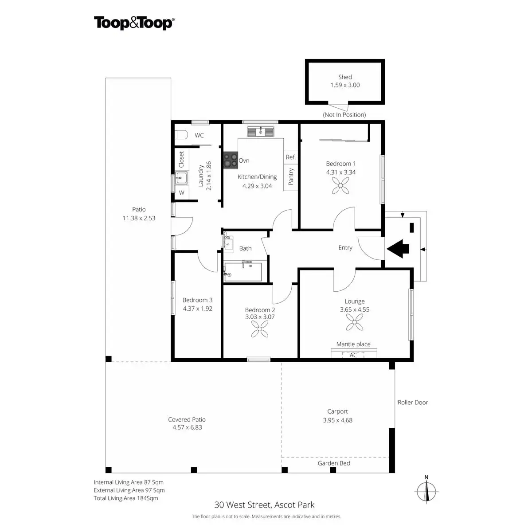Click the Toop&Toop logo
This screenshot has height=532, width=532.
(134, 23)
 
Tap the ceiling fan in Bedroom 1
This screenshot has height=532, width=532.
(340, 185)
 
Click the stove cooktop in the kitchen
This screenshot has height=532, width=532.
(231, 160)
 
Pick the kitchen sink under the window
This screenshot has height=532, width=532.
(261, 132)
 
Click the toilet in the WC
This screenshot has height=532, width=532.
(181, 135)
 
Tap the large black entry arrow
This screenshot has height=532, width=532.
(398, 249)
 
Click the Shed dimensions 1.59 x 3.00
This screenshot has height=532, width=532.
(345, 85)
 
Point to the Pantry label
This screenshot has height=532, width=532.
(291, 176)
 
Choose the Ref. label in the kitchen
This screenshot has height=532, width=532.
(291, 157)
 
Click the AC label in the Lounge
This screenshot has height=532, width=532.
(353, 355)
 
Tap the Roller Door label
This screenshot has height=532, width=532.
(413, 403)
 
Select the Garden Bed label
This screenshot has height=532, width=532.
(334, 463)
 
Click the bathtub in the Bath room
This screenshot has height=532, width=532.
(243, 272)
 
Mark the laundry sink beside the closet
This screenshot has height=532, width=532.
(181, 178)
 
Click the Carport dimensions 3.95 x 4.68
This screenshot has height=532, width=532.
(338, 420)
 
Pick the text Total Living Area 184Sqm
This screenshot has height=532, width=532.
(126, 498)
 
